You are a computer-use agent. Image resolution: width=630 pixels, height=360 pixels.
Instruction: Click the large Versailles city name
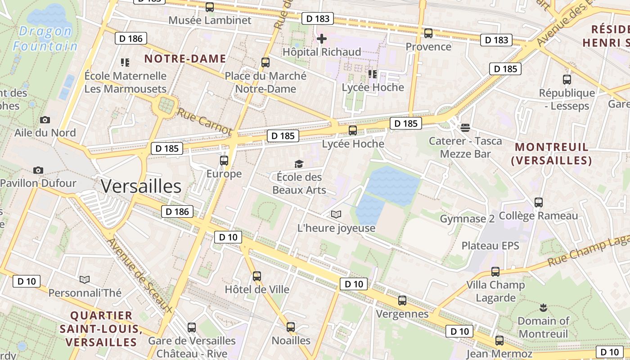pos(141,186)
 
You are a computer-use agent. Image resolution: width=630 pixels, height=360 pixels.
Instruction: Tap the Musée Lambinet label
pos(210,20)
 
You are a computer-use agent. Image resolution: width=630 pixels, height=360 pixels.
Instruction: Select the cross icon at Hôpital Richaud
pos(322,39)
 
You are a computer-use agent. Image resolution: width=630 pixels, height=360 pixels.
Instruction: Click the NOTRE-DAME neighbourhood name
pos(185,58)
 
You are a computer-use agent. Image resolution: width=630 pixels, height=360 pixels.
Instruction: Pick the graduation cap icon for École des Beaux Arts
pos(299,164)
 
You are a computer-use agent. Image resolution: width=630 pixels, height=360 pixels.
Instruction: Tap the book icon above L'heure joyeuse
pos(336,214)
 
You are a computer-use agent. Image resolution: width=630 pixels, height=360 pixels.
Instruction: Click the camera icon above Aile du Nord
pos(45,120)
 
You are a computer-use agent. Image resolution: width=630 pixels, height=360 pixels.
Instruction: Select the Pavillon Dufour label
pos(38,183)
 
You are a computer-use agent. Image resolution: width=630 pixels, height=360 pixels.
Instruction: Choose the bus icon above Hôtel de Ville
pos(256,276)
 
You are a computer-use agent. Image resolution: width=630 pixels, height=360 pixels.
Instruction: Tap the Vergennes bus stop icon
pos(402,301)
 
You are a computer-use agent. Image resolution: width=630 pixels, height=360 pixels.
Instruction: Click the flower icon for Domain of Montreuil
pos(543,308)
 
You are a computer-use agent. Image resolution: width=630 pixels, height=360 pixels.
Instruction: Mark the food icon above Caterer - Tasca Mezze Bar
pos(465,128)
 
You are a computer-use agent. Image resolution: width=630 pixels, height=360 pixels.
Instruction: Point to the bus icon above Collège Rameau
pos(538,202)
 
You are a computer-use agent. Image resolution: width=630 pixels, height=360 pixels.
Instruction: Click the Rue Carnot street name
pos(204,121)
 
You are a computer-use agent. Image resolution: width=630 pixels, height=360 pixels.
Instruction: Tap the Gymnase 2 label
pos(467,219)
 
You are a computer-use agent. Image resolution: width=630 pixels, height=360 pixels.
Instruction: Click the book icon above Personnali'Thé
pos(85,279)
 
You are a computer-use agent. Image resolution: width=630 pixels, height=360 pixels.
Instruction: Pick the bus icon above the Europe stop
pos(224,161)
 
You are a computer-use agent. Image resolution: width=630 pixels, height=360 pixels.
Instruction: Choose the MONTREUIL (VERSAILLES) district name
pos(551,153)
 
